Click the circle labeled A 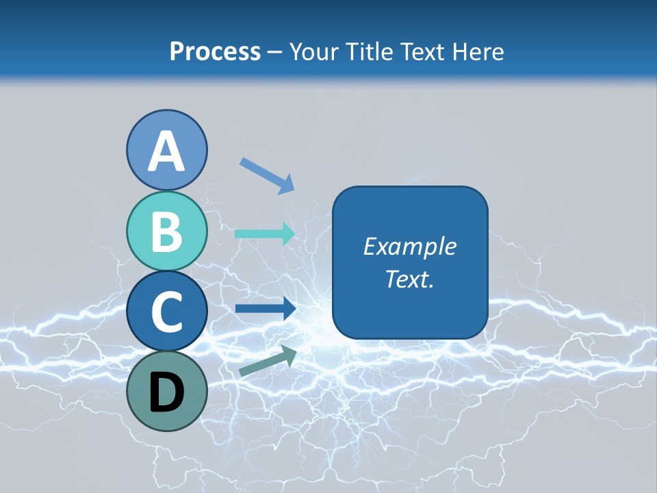167,150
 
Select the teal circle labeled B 167,231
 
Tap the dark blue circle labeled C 167,312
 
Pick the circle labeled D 167,391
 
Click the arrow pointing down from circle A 267,175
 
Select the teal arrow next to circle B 265,233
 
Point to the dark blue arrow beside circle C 265,309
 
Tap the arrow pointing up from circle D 268,360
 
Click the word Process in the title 215,51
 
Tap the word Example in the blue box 410,246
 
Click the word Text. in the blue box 410,279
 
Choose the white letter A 167,151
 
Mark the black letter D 167,392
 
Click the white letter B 167,231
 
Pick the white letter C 167,312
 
